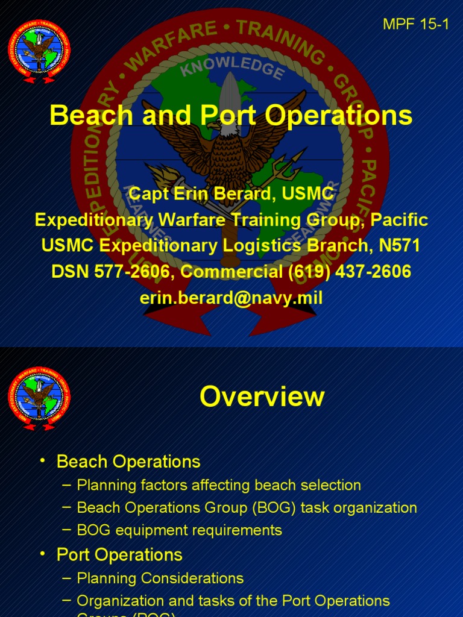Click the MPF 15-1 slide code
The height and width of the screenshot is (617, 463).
pyautogui.click(x=416, y=25)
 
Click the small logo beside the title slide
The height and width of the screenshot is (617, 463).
pyautogui.click(x=39, y=51)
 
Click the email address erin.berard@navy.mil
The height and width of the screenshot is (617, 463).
pyautogui.click(x=231, y=297)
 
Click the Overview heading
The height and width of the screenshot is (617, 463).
pyautogui.click(x=262, y=397)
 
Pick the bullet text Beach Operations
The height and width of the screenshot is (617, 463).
pyautogui.click(x=128, y=462)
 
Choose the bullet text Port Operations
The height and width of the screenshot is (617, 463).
pyautogui.click(x=119, y=554)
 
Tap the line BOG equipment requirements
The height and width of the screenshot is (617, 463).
pyautogui.click(x=180, y=530)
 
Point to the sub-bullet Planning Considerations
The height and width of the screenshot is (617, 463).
pyautogui.click(x=160, y=578)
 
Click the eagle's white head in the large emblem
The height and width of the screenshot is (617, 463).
pyautogui.click(x=230, y=127)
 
